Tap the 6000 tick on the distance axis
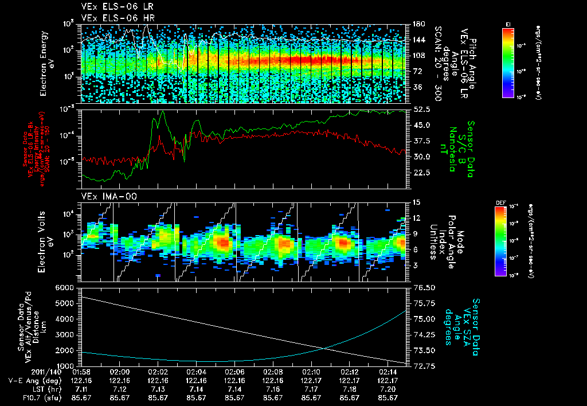65,287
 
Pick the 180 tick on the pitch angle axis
418,24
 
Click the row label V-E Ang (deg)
32,380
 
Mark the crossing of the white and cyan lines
326,348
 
